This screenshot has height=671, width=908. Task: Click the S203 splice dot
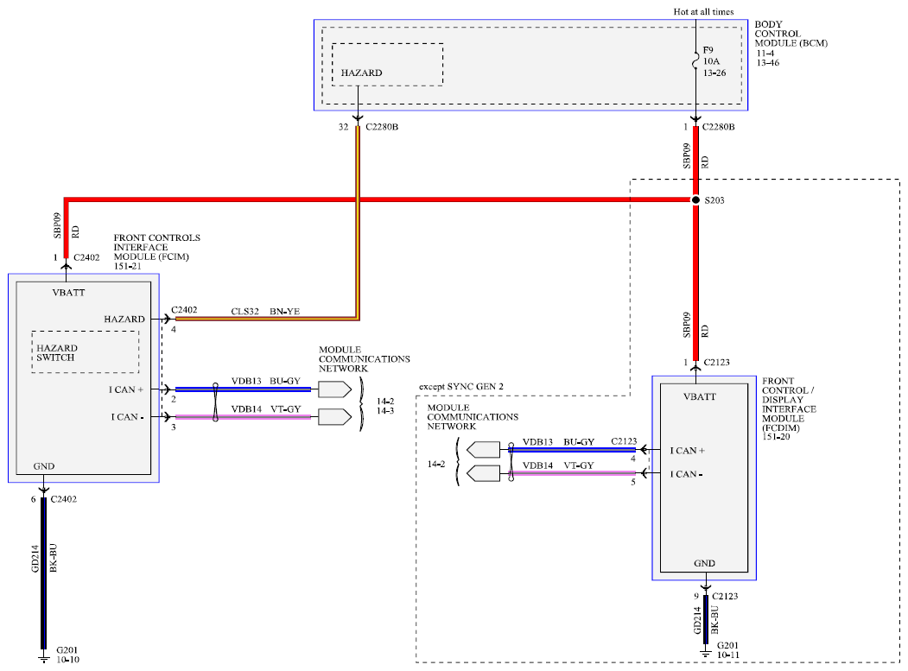pyautogui.click(x=695, y=199)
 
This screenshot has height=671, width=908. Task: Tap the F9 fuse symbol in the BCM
pyautogui.click(x=695, y=60)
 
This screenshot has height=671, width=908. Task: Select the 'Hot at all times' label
pyautogui.click(x=703, y=11)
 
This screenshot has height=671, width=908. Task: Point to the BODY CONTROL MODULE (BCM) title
pyautogui.click(x=791, y=34)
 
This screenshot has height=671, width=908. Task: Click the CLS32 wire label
pyautogui.click(x=245, y=312)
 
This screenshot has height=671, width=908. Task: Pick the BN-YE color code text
pyautogui.click(x=284, y=312)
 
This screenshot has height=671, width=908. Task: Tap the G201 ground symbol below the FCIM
pyautogui.click(x=43, y=656)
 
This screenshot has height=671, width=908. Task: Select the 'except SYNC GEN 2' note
pyautogui.click(x=461, y=386)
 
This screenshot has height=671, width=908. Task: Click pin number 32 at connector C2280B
pyautogui.click(x=343, y=127)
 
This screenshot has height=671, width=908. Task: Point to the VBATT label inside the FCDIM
pyautogui.click(x=700, y=396)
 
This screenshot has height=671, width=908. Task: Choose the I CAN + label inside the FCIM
pyautogui.click(x=125, y=389)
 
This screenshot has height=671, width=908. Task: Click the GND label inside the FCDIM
pyautogui.click(x=704, y=563)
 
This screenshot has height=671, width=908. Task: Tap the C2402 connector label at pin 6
pyautogui.click(x=64, y=499)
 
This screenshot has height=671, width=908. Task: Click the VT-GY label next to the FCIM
pyautogui.click(x=286, y=408)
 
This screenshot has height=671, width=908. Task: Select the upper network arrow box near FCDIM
pyautogui.click(x=483, y=450)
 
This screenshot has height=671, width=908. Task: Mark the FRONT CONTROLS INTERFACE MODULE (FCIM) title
pyautogui.click(x=157, y=252)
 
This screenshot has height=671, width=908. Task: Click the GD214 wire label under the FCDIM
pyautogui.click(x=698, y=619)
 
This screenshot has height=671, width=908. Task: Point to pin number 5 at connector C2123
pyautogui.click(x=633, y=482)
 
